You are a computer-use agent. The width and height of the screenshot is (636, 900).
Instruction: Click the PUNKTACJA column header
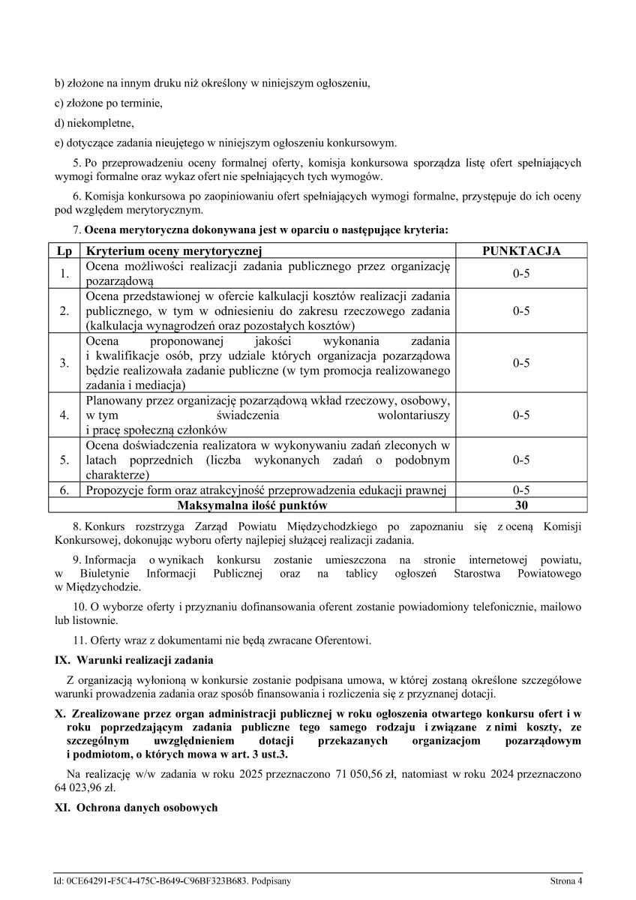pyautogui.click(x=521, y=251)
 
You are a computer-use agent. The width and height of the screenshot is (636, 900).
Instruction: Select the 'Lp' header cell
pyautogui.click(x=64, y=251)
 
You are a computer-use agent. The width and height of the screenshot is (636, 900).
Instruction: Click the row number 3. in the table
pyautogui.click(x=64, y=363)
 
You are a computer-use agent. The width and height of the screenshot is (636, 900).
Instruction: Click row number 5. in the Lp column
pyautogui.click(x=64, y=460)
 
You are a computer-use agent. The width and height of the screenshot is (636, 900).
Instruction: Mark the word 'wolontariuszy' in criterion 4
pyautogui.click(x=415, y=415)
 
